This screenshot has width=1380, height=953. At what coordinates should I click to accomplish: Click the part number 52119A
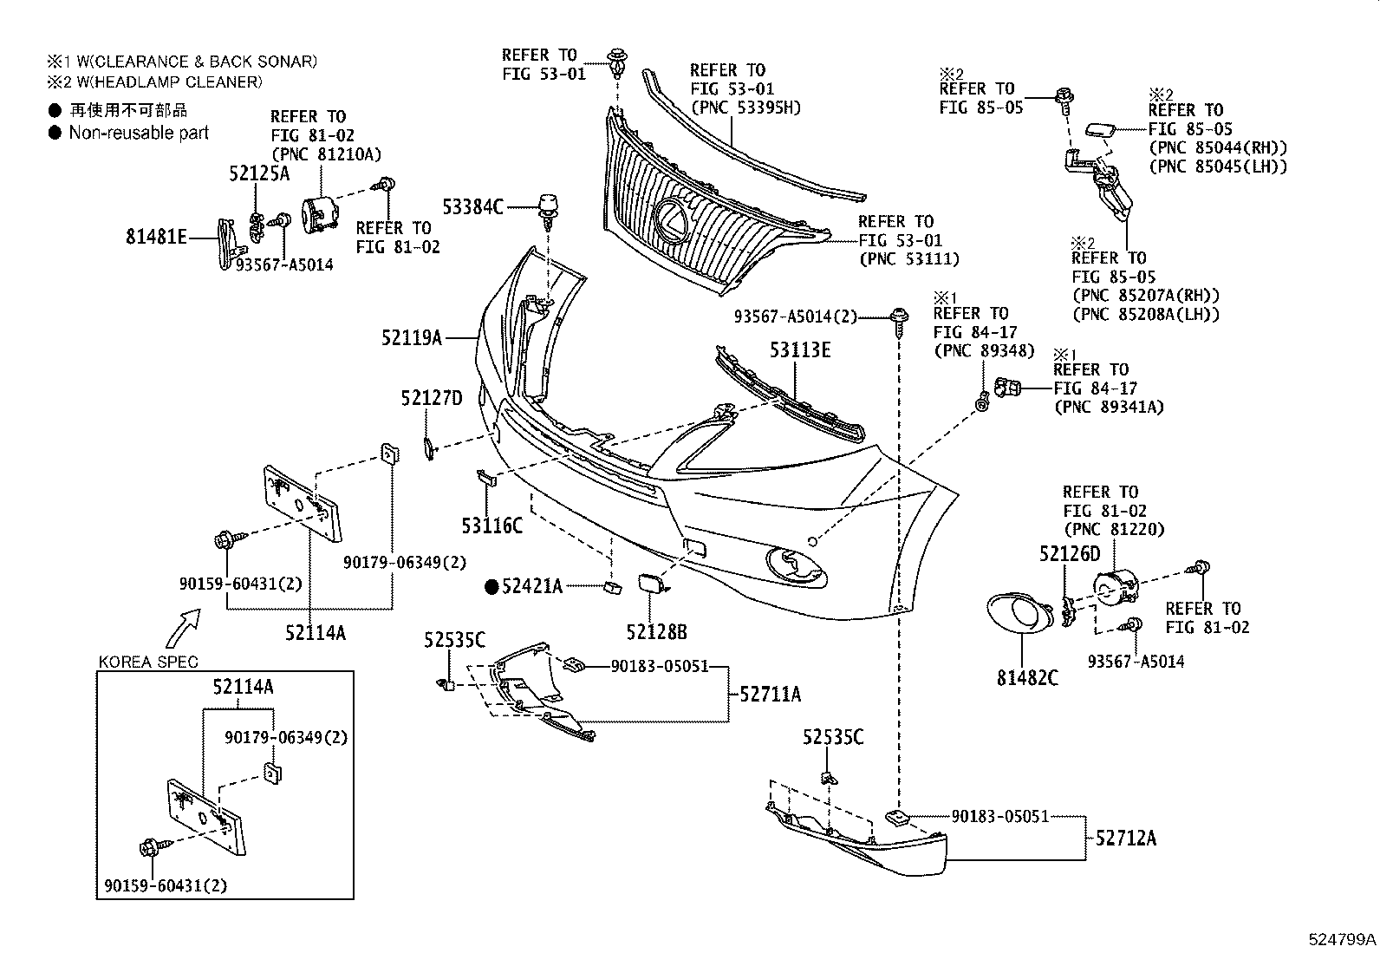pos(412,338)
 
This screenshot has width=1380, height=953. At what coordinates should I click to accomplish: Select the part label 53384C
pos(472,206)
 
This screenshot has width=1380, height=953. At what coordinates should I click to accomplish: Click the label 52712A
pos(1125,838)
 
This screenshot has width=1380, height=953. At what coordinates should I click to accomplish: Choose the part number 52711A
pos(770,694)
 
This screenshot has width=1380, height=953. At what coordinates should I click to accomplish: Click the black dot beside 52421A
pos(491,587)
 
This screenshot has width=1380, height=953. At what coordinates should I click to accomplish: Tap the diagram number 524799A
pos(1342,939)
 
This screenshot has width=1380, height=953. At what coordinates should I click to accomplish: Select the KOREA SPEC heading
pos(148,662)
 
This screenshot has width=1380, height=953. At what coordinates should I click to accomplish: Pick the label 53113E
pos(800,350)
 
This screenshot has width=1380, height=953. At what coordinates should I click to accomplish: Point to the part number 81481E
pos(156,236)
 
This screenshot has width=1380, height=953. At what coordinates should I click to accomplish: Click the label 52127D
pos(432,398)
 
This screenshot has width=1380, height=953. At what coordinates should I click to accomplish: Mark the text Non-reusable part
pos(139,133)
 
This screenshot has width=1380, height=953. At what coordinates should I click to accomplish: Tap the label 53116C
pos(491,525)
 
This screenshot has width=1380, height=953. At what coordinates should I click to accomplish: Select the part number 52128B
pos(656,632)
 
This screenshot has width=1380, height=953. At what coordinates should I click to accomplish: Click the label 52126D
pos(1070,553)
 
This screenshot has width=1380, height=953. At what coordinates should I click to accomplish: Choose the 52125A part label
pos(258,173)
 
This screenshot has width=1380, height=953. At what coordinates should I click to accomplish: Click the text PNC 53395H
pos(745,108)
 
